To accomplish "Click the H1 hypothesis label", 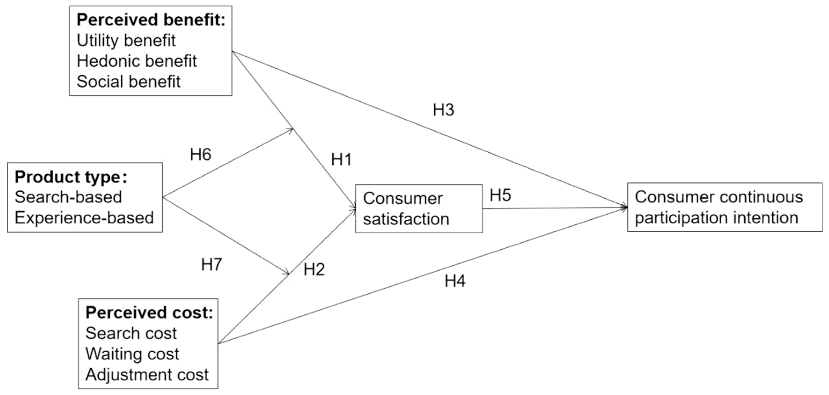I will pyautogui.click(x=341, y=160).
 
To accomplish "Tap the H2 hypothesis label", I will pyautogui.click(x=314, y=270).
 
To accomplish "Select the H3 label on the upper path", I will pyautogui.click(x=444, y=110).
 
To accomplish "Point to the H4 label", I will pyautogui.click(x=455, y=281).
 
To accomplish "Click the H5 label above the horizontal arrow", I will pyautogui.click(x=500, y=195).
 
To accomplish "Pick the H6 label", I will pyautogui.click(x=201, y=155).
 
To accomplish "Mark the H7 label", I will pyautogui.click(x=211, y=265).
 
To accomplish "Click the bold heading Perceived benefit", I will pyautogui.click(x=151, y=20).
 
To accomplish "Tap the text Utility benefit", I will pyautogui.click(x=126, y=40).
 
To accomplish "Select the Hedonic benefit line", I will pyautogui.click(x=137, y=61).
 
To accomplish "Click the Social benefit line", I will pyautogui.click(x=128, y=82).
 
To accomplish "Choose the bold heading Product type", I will pyautogui.click(x=71, y=177).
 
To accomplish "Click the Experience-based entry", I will pyautogui.click(x=84, y=218).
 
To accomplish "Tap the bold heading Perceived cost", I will pyautogui.click(x=149, y=313).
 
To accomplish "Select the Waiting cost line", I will pyautogui.click(x=132, y=354).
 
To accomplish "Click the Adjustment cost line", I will pyautogui.click(x=147, y=375).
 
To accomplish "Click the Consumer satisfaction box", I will pyautogui.click(x=419, y=208).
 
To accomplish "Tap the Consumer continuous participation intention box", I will pyautogui.click(x=724, y=207).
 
